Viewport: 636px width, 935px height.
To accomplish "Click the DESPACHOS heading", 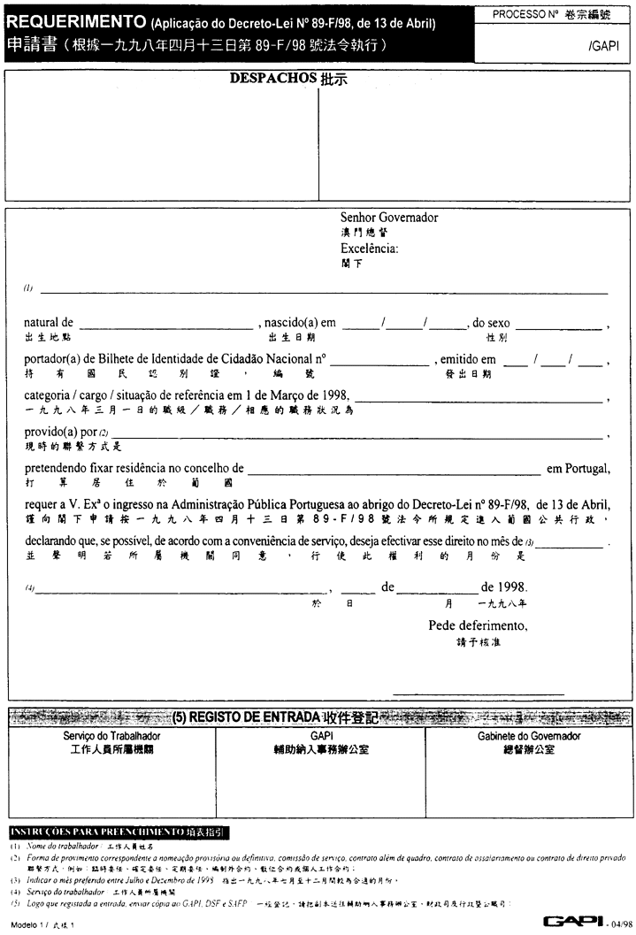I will pyautogui.click(x=272, y=78).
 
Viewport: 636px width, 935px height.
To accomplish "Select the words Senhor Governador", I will pyautogui.click(x=389, y=218).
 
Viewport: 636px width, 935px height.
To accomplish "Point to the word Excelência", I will pyautogui.click(x=370, y=249).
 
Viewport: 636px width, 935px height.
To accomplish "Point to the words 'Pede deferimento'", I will pyautogui.click(x=478, y=625).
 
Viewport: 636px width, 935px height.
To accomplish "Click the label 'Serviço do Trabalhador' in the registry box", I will pyautogui.click(x=111, y=736).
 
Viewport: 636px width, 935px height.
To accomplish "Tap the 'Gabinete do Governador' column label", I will pyautogui.click(x=529, y=736).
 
